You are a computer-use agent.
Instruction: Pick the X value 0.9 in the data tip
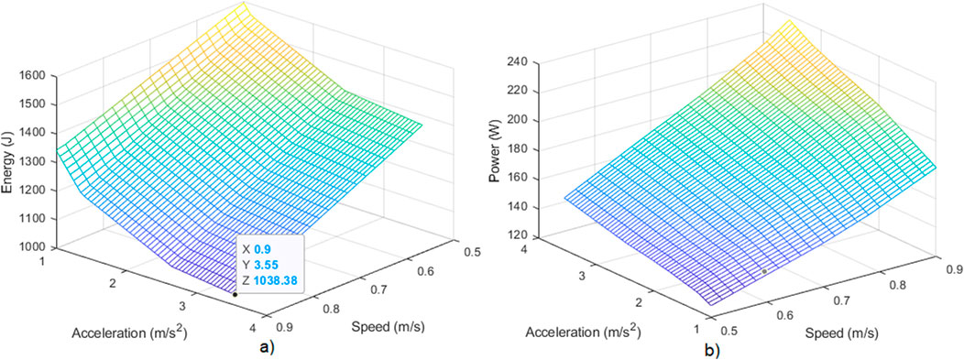(259, 248)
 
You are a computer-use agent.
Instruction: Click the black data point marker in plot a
(236, 294)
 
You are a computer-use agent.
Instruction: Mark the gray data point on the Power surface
(763, 272)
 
